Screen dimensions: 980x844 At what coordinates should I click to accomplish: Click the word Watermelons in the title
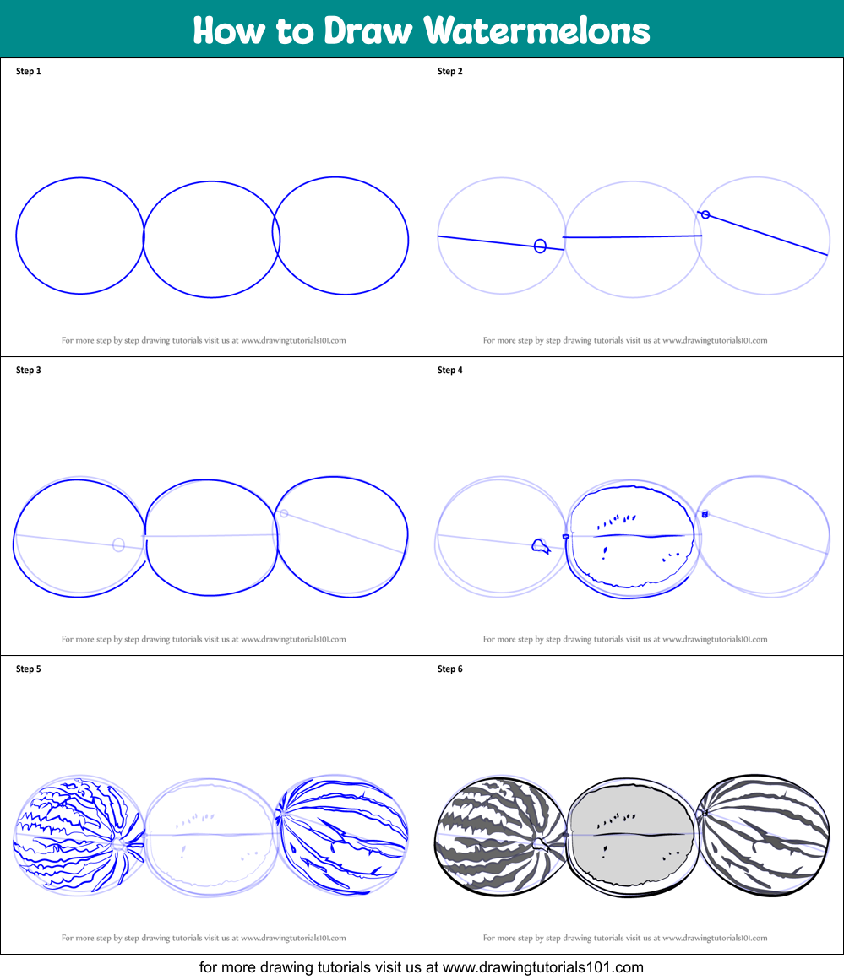click(x=536, y=31)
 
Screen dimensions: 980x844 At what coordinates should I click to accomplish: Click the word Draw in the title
click(x=369, y=31)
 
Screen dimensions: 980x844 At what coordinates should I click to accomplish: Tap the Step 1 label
click(x=28, y=72)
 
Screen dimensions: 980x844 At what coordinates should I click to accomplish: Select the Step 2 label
click(x=449, y=72)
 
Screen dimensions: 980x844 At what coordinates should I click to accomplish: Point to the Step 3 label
click(x=28, y=371)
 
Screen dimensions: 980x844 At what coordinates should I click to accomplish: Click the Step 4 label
click(x=449, y=371)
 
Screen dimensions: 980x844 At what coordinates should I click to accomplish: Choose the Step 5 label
click(x=28, y=669)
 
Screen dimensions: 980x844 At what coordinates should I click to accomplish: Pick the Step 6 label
click(x=449, y=669)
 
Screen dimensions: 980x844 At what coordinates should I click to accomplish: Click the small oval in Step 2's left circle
click(x=540, y=246)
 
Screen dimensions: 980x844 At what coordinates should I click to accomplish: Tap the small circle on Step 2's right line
click(x=705, y=215)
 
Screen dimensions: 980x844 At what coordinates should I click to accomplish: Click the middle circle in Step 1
click(x=211, y=239)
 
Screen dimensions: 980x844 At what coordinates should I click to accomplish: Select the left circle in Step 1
click(x=80, y=236)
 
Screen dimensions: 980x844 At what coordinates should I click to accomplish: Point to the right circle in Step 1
click(x=341, y=236)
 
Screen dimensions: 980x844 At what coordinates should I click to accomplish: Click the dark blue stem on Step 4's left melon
click(x=540, y=547)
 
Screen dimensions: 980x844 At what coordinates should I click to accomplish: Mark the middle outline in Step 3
click(x=211, y=537)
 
